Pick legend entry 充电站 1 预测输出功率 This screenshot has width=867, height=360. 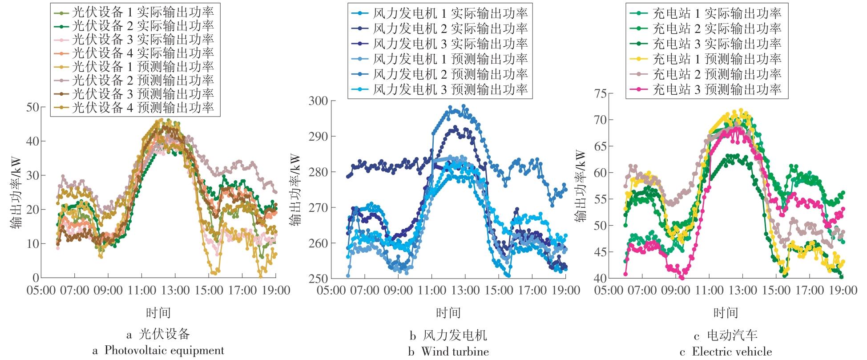coord(717,59)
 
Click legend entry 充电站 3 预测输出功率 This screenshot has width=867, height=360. coord(717,89)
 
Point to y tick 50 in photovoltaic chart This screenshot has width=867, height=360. coord(33,107)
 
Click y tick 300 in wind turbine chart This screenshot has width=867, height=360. coord(319,101)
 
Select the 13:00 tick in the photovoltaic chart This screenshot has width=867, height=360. coord(175,291)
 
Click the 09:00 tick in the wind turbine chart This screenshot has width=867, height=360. coord(398,291)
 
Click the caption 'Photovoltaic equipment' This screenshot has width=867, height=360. coord(164,351)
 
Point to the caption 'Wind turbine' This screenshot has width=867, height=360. coord(455,352)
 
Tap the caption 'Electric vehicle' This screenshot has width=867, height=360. coord(732,352)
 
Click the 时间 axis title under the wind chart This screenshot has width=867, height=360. coord(448,313)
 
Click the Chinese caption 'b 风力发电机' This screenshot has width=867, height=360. coord(448,335)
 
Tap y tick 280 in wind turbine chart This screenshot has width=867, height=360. coord(319,172)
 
